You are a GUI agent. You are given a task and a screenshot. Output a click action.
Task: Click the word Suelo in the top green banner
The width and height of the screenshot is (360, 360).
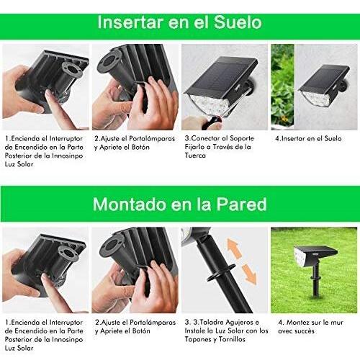coord(238,22)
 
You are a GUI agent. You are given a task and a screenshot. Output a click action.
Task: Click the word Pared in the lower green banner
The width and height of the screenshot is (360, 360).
coord(241,204)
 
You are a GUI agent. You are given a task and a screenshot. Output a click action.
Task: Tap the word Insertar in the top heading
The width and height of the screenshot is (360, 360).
coord(130,22)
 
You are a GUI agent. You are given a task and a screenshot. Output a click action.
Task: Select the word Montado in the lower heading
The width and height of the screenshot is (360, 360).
coord(130,204)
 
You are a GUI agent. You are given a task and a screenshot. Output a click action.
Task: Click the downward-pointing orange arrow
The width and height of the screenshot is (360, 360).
coord(249,274)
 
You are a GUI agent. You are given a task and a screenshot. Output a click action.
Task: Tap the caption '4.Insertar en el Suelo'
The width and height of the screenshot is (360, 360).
coord(308,138)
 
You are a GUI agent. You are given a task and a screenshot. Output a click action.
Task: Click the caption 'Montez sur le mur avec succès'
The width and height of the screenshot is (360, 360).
coord(310,327)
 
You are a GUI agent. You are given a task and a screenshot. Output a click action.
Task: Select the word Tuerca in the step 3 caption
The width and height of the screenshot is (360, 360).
coord(195,156)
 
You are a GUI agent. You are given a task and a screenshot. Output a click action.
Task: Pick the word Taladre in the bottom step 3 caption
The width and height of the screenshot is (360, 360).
coord(212,322)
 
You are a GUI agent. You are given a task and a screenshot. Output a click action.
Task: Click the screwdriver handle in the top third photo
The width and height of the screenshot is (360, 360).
coord(211,122)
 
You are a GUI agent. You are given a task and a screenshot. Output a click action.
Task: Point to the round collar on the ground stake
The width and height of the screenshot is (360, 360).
coord(221,272)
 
